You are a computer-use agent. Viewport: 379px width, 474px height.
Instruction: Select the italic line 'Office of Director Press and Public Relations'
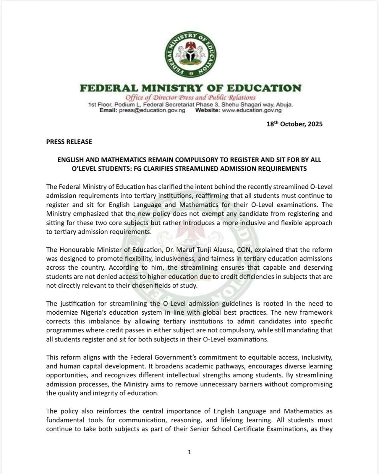click(190, 98)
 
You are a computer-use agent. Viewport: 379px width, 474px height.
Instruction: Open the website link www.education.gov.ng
click(252, 110)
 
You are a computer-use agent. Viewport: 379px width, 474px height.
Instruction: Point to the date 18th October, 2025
click(294, 124)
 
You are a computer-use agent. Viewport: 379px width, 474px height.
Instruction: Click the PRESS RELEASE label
click(69, 142)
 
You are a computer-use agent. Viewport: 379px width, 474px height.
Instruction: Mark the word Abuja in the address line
click(284, 105)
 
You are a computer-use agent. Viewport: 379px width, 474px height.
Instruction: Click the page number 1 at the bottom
click(189, 452)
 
